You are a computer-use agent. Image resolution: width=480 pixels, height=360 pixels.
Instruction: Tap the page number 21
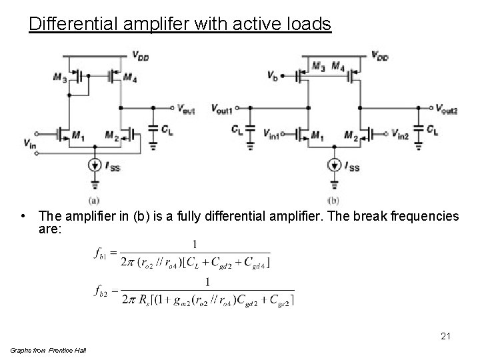[x=445, y=337]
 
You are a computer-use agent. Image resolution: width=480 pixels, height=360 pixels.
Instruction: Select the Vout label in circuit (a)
[x=186, y=107]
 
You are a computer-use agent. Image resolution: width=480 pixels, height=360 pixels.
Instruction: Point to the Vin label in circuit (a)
[x=30, y=142]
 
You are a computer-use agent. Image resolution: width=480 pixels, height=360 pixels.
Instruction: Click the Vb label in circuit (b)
[x=272, y=76]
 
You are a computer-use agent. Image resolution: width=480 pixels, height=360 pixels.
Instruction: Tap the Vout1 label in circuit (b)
[x=222, y=107]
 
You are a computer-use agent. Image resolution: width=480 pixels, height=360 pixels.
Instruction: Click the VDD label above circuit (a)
[x=140, y=56]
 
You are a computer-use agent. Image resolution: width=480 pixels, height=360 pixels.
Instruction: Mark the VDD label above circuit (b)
[x=379, y=56]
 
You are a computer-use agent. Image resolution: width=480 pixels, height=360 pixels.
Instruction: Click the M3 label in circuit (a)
[x=60, y=78]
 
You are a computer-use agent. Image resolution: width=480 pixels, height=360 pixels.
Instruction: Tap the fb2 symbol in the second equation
[x=101, y=291]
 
